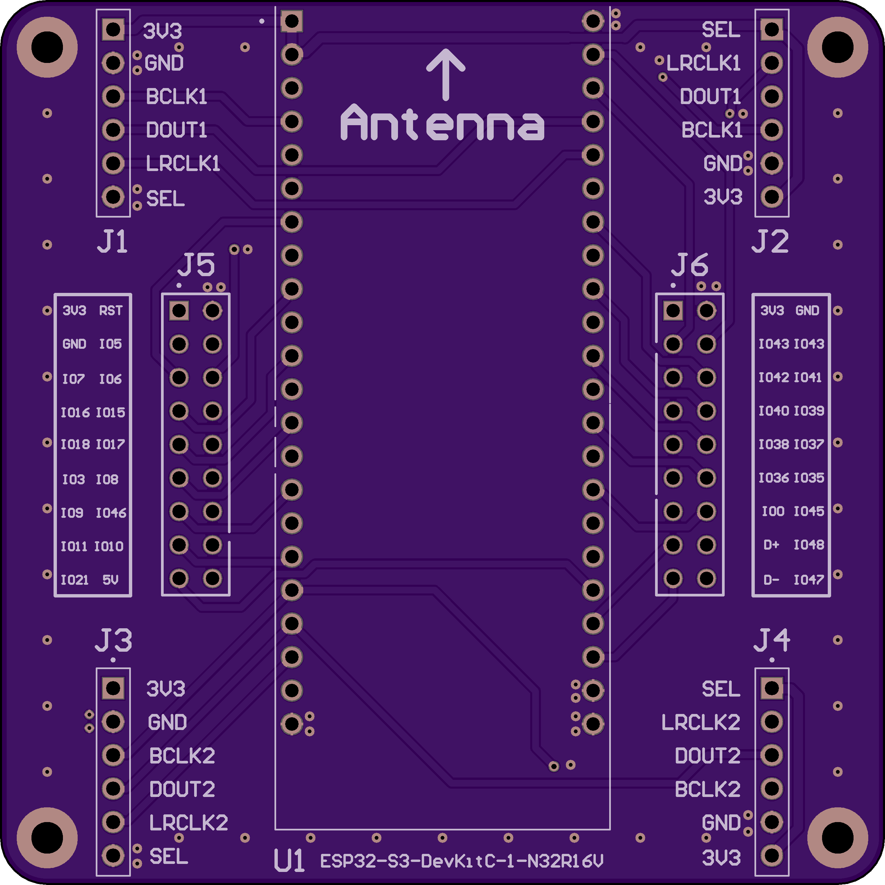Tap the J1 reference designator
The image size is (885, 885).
click(x=112, y=241)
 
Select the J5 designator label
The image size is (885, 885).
click(x=196, y=264)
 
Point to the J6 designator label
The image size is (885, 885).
click(x=690, y=264)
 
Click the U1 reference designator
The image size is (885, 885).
click(x=289, y=861)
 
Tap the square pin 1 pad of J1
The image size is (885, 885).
click(x=113, y=29)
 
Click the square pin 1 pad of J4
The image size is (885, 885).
click(x=772, y=688)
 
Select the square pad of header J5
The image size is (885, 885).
click(x=179, y=311)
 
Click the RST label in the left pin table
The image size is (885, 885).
click(x=111, y=311)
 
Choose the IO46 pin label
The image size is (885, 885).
click(x=111, y=512)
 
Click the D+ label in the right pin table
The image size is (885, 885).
click(x=772, y=545)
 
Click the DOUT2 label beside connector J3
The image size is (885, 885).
click(x=182, y=789)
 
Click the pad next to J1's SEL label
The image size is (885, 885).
click(x=113, y=197)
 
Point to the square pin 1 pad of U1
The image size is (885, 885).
click(x=292, y=21)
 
